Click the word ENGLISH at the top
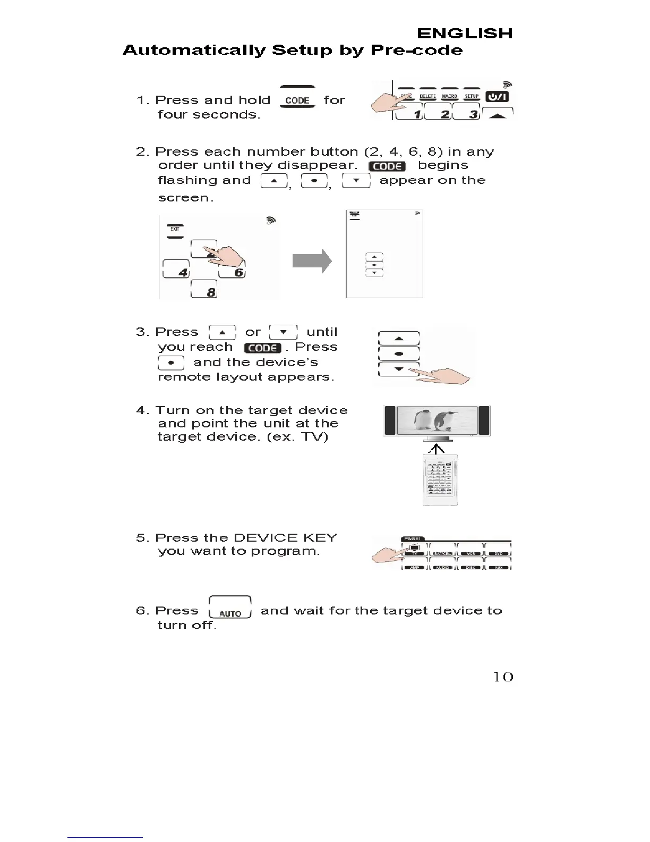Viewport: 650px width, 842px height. [465, 33]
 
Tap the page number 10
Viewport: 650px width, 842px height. [503, 677]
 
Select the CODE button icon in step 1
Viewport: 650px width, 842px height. [297, 99]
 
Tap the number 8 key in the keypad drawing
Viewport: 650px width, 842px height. [204, 290]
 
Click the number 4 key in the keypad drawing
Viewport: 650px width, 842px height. [176, 270]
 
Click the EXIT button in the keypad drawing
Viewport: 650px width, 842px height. [175, 230]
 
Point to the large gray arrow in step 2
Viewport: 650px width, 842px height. [312, 262]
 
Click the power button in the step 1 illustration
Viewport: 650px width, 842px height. [497, 96]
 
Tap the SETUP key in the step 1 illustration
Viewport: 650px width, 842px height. [472, 96]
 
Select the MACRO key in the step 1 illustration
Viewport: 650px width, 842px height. [450, 96]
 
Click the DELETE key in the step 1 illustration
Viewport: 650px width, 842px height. [427, 96]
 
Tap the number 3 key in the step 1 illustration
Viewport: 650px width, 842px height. [467, 112]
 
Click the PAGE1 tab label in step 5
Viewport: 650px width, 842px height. [413, 538]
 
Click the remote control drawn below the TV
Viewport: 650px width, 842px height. [440, 480]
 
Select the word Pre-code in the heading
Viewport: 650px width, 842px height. [416, 50]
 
